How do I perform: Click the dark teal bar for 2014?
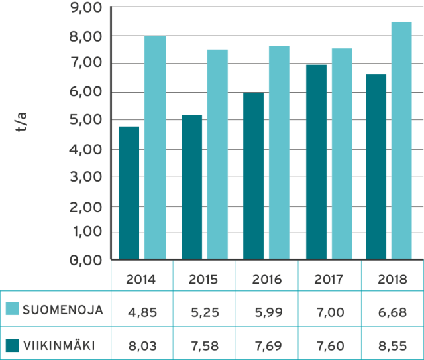129,192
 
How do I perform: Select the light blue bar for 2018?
401,139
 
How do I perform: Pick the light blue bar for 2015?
217,153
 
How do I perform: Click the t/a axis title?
21,123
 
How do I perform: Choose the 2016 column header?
266,279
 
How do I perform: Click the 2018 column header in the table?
392,279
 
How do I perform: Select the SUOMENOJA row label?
63,310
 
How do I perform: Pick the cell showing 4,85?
141,312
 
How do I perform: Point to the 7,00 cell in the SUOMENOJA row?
329,312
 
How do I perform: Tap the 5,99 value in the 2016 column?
266,312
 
